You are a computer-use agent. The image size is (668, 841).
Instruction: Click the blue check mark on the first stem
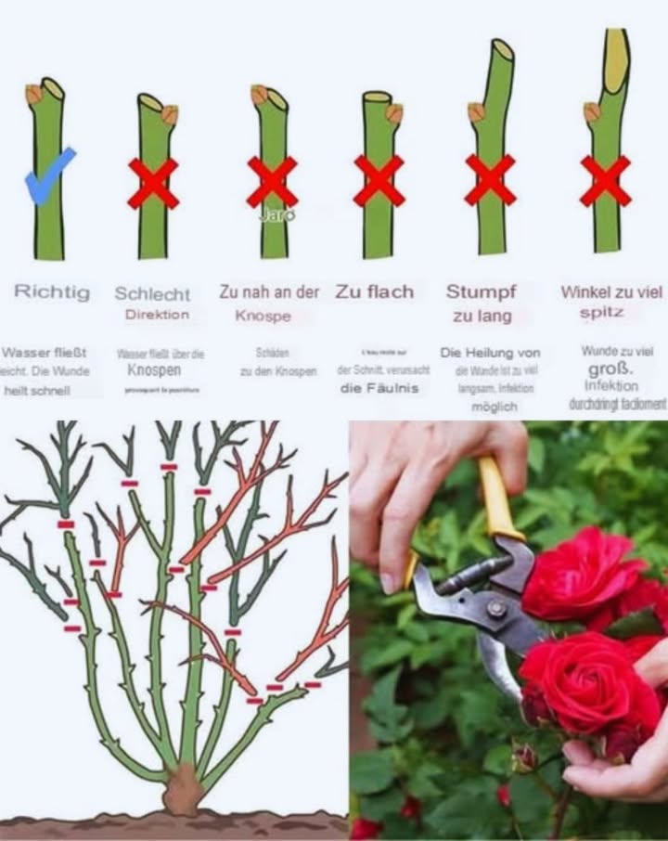coord(49,175)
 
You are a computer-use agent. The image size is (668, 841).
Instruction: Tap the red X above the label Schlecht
coord(153,183)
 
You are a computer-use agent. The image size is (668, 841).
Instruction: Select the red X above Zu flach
coord(379,180)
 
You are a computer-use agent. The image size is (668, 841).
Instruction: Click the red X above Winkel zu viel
coord(605,180)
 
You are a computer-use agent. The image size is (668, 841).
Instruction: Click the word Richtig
coord(52,292)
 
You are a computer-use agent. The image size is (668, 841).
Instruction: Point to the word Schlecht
coord(152,293)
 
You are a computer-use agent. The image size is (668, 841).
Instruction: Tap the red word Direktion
coord(157,315)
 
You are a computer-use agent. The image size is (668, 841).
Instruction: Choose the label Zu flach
coord(375,291)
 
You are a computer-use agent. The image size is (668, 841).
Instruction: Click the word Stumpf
coord(481,291)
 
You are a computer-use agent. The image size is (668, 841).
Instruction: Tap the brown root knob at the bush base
coord(183,794)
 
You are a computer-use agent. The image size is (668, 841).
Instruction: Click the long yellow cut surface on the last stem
coord(615,61)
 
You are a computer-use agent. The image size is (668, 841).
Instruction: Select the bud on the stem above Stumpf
coord(476,112)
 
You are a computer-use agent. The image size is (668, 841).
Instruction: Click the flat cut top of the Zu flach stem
coord(377,97)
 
